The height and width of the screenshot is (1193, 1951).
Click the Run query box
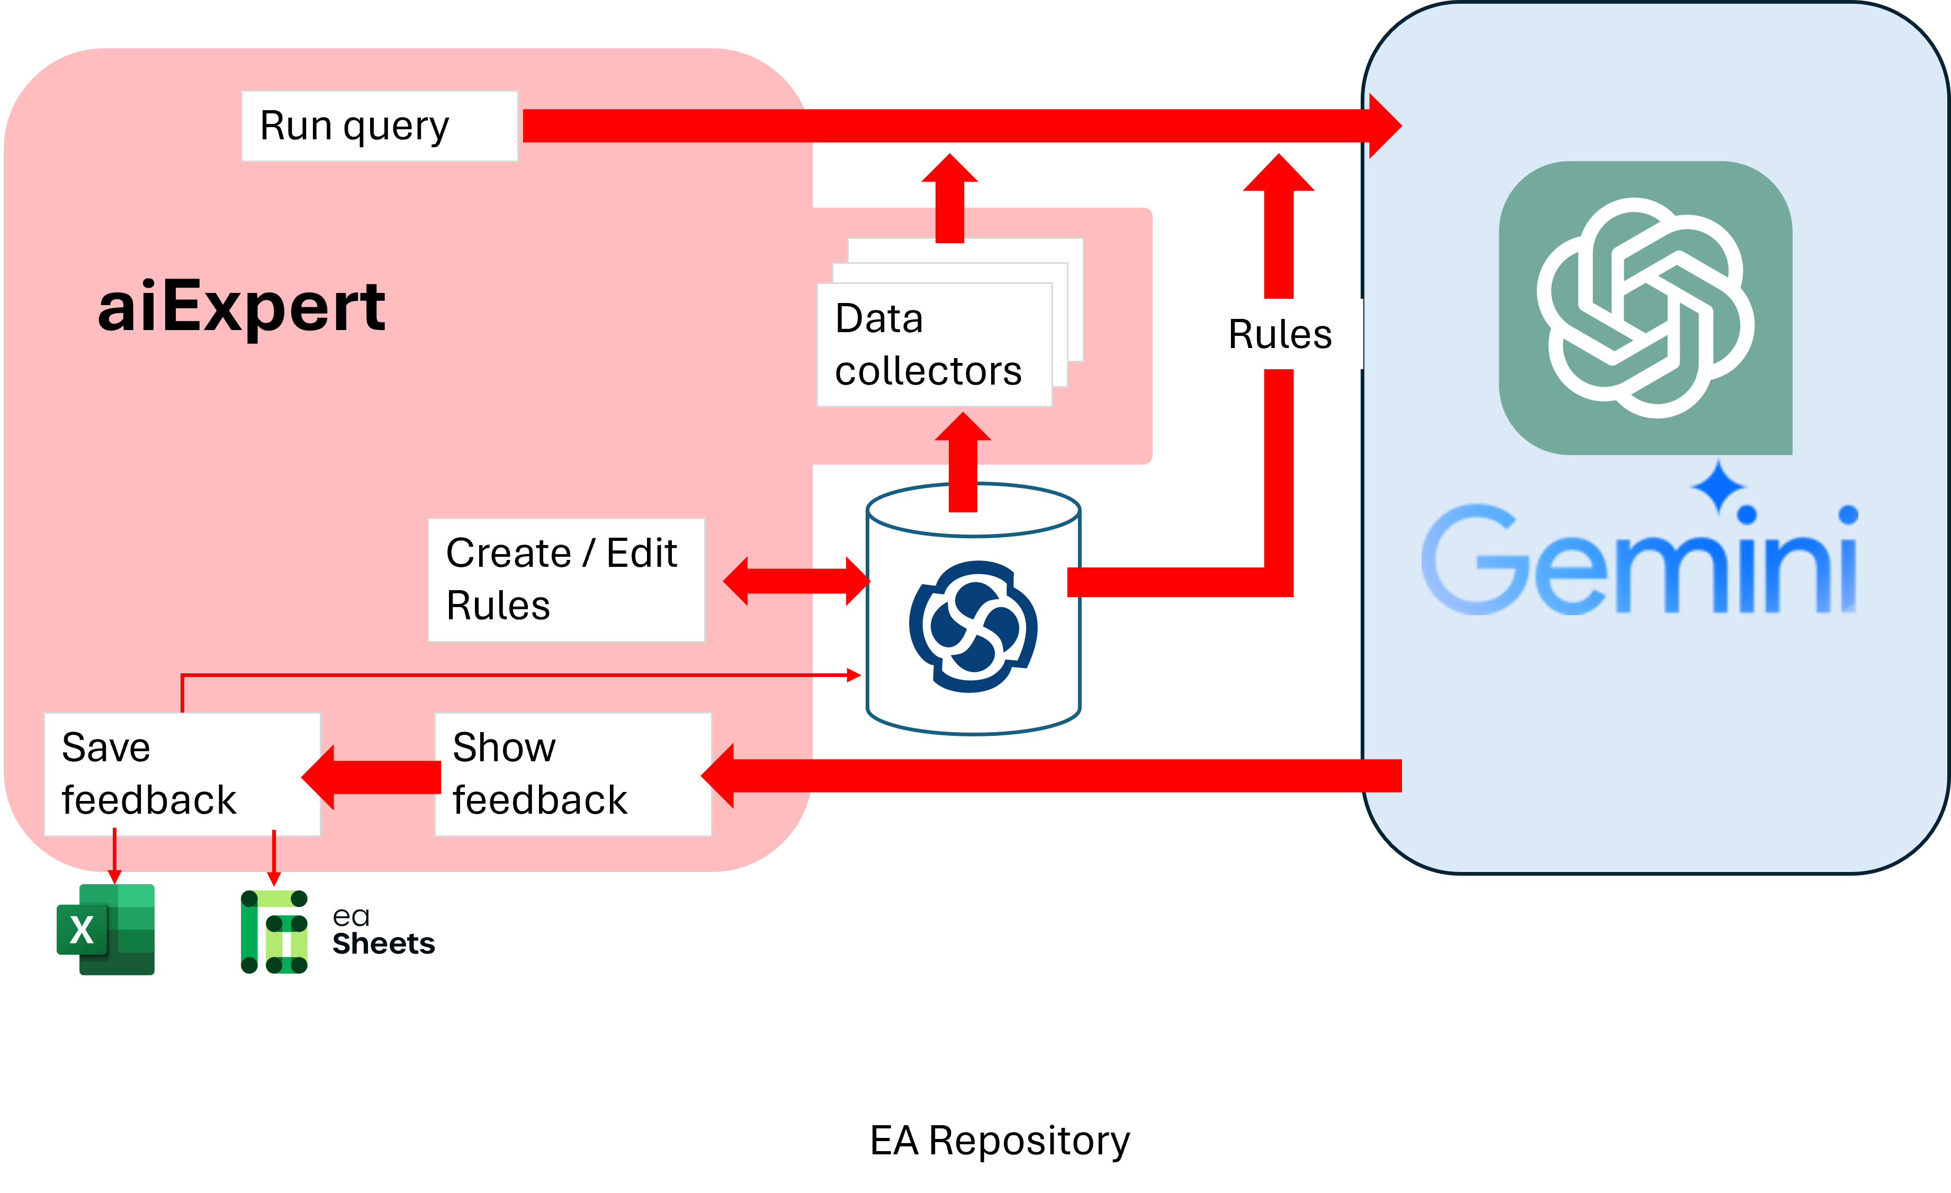379,126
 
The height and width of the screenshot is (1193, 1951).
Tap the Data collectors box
934,344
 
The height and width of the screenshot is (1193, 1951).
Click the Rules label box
1285,334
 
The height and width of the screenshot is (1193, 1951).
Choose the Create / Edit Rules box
565,579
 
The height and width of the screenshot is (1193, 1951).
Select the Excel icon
106,929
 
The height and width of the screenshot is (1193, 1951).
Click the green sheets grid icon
274,932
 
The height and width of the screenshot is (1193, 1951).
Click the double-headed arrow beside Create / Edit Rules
796,581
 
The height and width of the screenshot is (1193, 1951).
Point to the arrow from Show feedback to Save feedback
372,777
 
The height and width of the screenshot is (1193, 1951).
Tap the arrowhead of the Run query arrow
1384,126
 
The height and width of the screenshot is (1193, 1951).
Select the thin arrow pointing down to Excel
115,856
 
